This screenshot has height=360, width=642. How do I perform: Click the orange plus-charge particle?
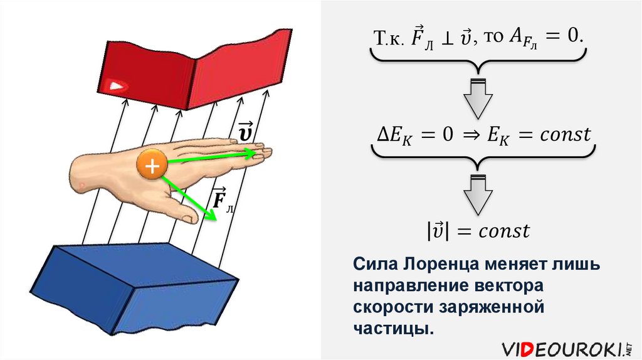point(151,166)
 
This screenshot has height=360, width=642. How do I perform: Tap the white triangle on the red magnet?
point(116,85)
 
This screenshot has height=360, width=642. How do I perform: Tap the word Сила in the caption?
point(376,264)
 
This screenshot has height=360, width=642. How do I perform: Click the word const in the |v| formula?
point(504,231)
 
